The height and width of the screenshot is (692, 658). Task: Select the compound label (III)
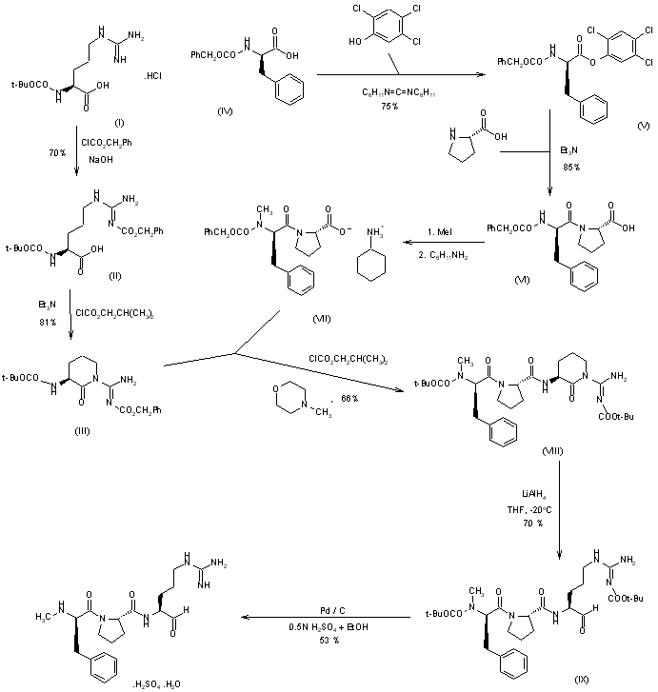click(83, 429)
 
